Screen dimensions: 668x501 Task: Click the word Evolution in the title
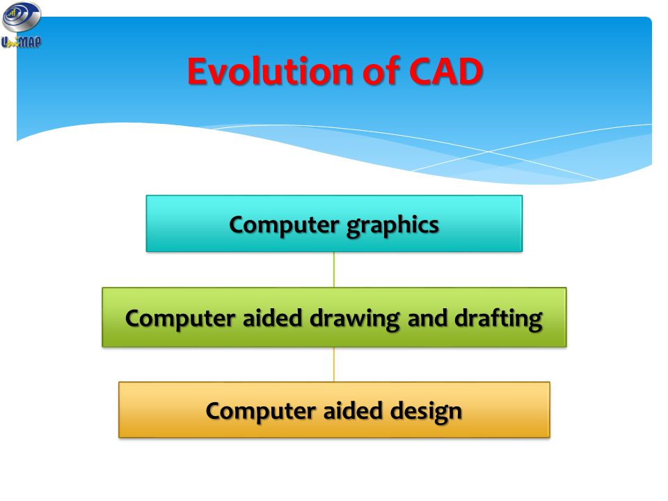[x=270, y=71]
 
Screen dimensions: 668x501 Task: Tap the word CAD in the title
[x=445, y=71]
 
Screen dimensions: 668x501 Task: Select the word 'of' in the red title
[x=381, y=70]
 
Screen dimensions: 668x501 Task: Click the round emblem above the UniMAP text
[x=22, y=17]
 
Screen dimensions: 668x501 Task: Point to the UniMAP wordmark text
[x=22, y=42]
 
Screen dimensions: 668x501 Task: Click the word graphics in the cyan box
[x=392, y=225]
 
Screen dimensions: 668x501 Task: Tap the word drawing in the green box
[x=354, y=319]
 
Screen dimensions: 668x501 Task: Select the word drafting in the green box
[x=498, y=319]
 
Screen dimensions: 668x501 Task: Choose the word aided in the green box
[x=272, y=318]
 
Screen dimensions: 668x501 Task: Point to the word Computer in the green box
[x=180, y=319]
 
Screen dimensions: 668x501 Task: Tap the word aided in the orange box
[x=353, y=411]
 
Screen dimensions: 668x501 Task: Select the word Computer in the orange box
[x=261, y=411]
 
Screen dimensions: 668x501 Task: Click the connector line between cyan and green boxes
[x=334, y=270]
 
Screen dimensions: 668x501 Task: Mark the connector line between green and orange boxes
[x=334, y=364]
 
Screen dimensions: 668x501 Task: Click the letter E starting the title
[x=197, y=71]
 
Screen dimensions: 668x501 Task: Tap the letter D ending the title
[x=470, y=71]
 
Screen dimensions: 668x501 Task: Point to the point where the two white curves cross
[x=490, y=151]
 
